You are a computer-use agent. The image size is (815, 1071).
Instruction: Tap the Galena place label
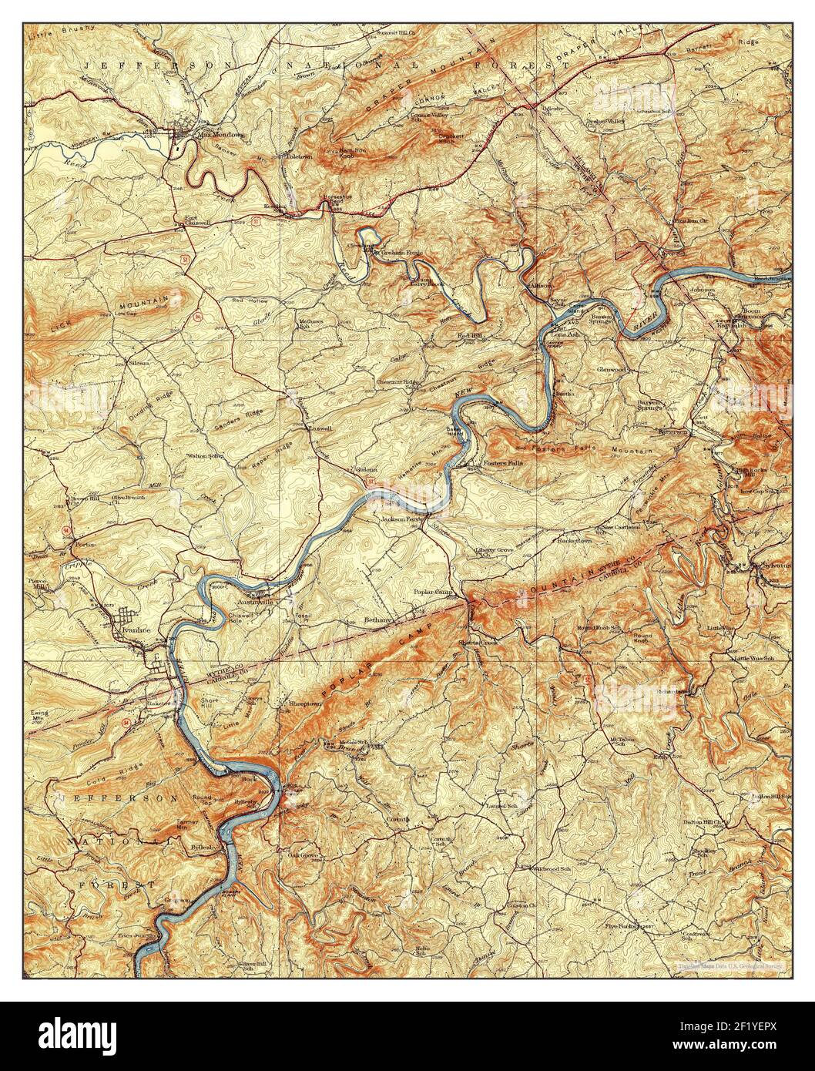pos(365,469)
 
